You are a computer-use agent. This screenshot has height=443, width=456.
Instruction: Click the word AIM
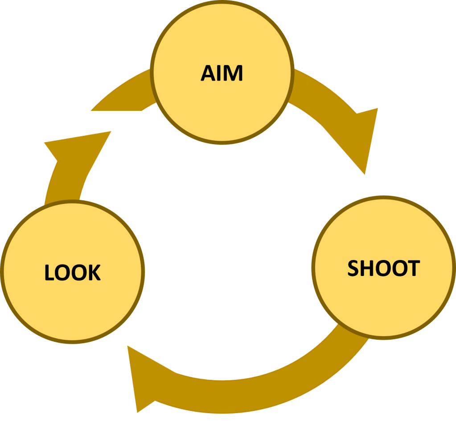tap(222, 73)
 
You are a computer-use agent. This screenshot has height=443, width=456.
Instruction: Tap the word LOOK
tap(73, 272)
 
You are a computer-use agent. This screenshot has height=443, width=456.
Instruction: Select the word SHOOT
tap(383, 268)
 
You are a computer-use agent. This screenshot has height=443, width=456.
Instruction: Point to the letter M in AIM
tap(233, 73)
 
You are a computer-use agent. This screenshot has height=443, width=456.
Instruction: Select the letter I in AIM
tap(221, 73)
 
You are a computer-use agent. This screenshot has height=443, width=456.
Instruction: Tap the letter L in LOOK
tap(49, 272)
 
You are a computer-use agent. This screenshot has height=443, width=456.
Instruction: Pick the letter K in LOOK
tap(94, 272)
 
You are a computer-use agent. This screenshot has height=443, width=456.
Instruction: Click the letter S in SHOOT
tap(353, 268)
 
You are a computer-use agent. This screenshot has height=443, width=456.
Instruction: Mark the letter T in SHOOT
tap(413, 268)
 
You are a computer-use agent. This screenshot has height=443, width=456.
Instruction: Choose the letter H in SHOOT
tap(367, 268)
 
